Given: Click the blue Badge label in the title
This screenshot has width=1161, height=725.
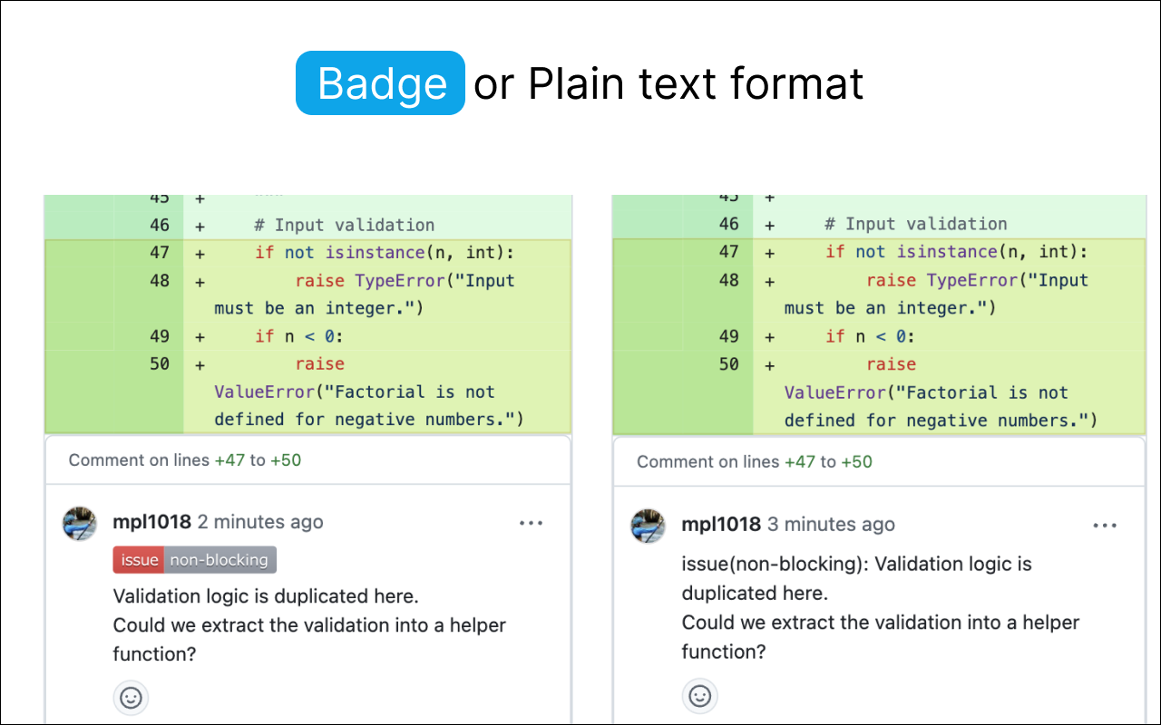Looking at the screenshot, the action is (380, 82).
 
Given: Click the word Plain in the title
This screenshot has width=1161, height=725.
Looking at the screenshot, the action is (576, 83).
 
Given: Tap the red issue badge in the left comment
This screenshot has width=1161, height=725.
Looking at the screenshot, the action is (139, 560).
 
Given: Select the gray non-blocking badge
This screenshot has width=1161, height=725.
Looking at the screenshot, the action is (220, 560).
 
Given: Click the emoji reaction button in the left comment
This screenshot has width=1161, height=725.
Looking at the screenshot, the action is (131, 698).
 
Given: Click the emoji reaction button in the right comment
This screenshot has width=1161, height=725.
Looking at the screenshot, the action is (699, 695).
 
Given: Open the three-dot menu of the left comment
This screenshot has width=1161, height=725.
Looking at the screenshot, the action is (531, 523).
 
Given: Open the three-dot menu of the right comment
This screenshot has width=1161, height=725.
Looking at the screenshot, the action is (1105, 526).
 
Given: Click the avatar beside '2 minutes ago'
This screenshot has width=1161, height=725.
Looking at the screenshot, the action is (79, 524).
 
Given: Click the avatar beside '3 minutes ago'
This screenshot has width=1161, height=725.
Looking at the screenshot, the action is (648, 527).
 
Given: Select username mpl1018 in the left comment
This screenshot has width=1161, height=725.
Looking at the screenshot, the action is (151, 521).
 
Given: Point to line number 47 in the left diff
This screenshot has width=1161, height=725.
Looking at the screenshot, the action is (160, 253).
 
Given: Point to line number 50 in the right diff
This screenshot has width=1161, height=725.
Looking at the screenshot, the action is (728, 364).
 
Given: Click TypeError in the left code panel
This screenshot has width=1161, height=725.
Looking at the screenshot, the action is (400, 281).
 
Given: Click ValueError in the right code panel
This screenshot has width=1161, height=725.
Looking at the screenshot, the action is (834, 392).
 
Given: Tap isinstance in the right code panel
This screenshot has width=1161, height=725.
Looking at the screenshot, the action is (947, 252).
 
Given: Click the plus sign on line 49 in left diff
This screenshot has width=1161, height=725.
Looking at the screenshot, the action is (200, 337).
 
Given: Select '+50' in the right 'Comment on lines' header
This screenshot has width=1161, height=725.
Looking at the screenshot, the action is (856, 461).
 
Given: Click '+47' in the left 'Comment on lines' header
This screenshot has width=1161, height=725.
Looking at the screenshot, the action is (229, 459).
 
